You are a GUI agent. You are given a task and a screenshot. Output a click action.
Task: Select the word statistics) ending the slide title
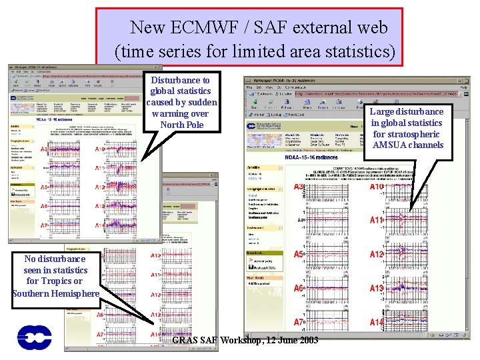click(x=357, y=50)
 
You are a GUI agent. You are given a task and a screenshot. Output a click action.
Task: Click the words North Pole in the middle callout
click(x=182, y=125)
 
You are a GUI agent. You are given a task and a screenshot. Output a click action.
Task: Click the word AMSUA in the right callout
click(x=389, y=145)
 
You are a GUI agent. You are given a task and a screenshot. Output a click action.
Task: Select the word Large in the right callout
click(x=383, y=111)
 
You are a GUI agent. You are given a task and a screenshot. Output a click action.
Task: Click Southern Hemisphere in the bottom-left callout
click(x=55, y=293)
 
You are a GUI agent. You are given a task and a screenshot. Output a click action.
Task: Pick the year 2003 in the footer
click(x=307, y=341)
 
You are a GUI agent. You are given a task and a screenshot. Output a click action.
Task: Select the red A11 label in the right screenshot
click(x=377, y=220)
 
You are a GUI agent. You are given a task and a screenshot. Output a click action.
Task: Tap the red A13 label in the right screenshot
click(x=377, y=288)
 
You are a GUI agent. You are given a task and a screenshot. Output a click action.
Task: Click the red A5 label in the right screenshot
click(x=299, y=255)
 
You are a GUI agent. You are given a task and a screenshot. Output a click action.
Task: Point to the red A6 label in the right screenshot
click(x=299, y=288)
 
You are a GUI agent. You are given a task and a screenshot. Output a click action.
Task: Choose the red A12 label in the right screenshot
click(x=377, y=255)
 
